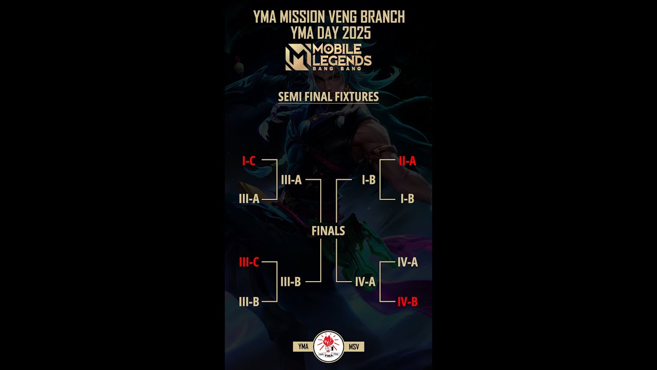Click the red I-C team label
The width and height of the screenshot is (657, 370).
point(249,161)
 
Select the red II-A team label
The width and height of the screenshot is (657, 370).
point(408,161)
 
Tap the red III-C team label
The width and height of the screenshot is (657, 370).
point(249,262)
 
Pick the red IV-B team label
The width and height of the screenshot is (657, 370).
point(408,302)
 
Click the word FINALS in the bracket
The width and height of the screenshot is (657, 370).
point(328,231)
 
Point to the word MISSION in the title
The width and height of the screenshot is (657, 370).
point(302,16)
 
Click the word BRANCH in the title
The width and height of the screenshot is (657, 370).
point(382,16)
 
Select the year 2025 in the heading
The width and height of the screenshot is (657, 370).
point(356,32)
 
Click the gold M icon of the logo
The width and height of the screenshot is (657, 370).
point(298,57)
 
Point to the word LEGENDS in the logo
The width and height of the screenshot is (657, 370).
point(342,61)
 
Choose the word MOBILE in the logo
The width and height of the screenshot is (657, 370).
point(337,49)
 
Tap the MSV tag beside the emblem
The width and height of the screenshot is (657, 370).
point(354,346)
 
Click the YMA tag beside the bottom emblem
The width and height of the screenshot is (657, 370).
point(303,346)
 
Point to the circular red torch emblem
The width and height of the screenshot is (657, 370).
point(328,346)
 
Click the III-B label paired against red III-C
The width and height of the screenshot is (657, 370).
point(249,302)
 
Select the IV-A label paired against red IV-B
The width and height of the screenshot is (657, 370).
point(408,262)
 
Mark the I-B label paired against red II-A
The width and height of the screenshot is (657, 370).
point(408,199)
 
